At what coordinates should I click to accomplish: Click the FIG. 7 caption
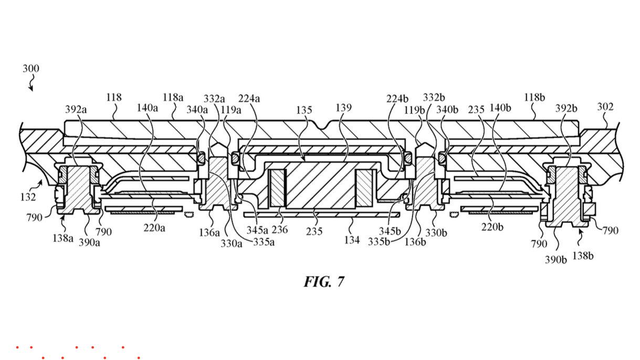tap(324, 282)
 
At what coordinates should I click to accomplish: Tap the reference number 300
tap(31, 69)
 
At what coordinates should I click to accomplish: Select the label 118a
tap(173, 98)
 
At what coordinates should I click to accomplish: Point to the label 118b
tap(534, 98)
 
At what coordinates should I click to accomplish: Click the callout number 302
tap(605, 107)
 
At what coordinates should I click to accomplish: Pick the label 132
tap(28, 197)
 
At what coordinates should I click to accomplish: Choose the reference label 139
tap(343, 108)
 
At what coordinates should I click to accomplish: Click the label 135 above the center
tap(304, 110)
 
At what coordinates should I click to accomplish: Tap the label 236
tap(279, 229)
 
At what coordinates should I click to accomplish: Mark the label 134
tap(352, 240)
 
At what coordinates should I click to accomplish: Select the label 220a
tap(154, 228)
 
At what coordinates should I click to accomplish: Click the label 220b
tap(492, 227)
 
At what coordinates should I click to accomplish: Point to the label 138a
tap(63, 238)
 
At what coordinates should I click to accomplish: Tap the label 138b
tap(583, 256)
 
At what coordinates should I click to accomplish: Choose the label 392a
tap(76, 109)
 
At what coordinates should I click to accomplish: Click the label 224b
tap(397, 99)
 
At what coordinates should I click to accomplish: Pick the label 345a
tap(257, 230)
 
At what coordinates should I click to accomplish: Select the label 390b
tap(555, 260)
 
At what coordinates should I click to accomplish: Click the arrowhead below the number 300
tap(31, 89)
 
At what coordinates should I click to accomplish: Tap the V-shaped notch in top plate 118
tap(322, 125)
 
